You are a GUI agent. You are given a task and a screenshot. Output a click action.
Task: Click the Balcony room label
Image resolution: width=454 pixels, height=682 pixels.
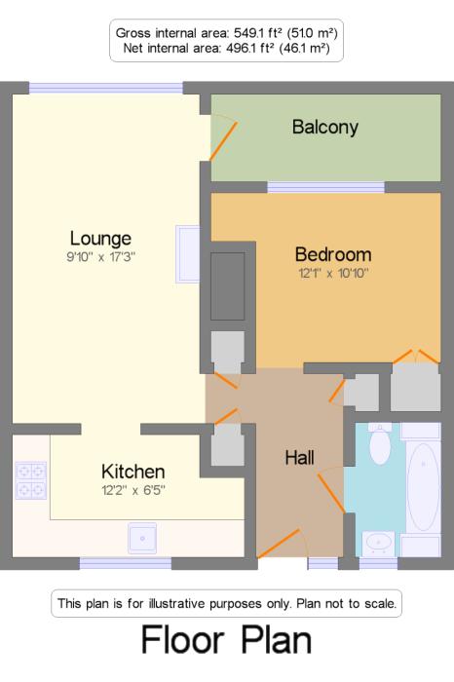click(325, 127)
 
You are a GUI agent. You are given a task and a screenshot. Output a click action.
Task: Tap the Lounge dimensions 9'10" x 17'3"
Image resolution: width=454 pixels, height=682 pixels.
click(101, 256)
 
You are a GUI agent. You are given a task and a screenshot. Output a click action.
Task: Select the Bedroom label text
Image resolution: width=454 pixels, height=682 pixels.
click(333, 254)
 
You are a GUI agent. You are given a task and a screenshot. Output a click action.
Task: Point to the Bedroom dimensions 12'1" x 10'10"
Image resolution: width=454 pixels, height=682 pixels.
click(333, 273)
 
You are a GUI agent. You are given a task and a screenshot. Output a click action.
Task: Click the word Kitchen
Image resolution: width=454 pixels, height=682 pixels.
click(133, 472)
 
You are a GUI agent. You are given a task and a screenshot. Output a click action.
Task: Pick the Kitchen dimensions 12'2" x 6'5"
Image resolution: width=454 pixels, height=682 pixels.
click(133, 490)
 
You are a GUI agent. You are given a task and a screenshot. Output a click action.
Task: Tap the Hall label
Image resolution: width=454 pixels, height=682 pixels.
click(300, 458)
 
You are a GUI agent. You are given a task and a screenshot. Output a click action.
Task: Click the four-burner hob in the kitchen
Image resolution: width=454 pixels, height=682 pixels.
click(31, 480)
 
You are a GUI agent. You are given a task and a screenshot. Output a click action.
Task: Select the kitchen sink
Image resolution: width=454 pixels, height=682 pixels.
click(142, 539)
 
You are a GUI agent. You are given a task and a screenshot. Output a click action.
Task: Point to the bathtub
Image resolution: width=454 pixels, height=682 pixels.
click(423, 487)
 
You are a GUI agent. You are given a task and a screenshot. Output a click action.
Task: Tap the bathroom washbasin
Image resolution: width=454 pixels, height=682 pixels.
click(378, 543)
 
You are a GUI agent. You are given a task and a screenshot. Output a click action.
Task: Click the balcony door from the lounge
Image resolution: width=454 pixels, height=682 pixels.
click(223, 141)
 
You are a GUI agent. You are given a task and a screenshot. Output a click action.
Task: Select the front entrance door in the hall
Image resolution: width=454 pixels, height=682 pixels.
click(279, 544)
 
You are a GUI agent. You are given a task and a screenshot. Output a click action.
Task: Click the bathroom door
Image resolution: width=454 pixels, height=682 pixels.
click(331, 493)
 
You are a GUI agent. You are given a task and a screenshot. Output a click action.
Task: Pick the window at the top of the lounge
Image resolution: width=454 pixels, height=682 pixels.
click(106, 88)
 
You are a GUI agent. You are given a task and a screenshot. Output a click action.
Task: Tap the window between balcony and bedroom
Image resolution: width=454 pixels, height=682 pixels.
click(325, 187)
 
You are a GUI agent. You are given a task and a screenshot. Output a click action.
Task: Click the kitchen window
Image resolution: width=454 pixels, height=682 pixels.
click(126, 564)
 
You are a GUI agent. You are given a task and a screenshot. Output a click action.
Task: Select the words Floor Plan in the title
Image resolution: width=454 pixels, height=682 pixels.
click(227, 640)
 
